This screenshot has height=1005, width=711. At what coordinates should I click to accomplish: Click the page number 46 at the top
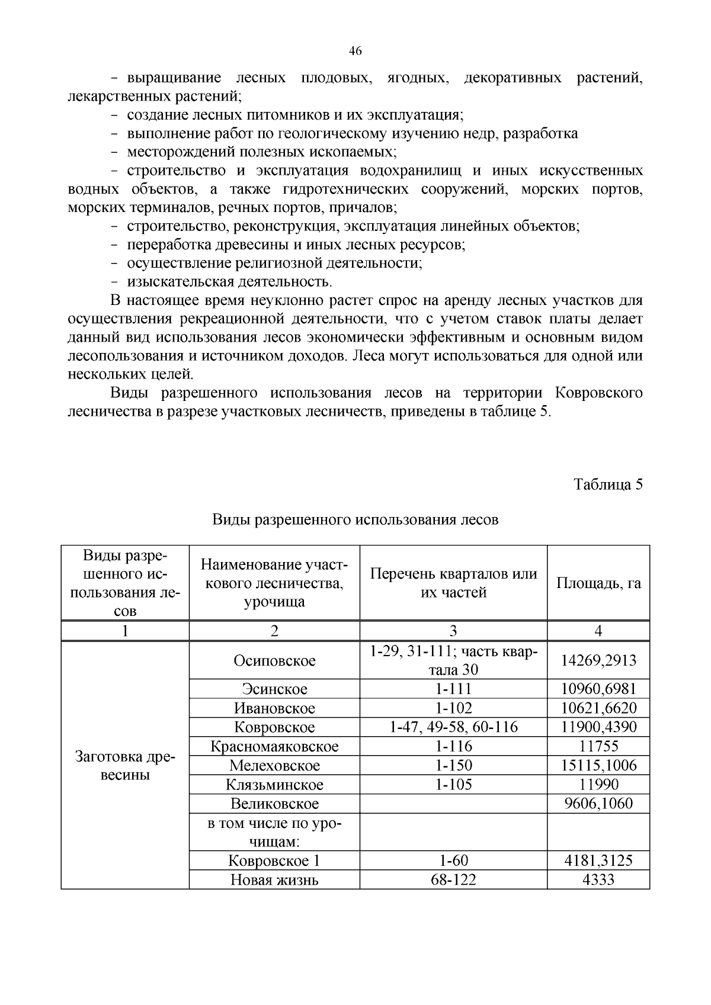(355, 51)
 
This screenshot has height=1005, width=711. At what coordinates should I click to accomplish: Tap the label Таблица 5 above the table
(608, 484)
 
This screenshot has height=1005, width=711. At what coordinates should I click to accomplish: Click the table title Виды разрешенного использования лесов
(355, 520)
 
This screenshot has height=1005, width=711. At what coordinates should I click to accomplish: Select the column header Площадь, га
(598, 583)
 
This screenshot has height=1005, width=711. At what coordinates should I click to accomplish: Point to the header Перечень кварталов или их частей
(453, 583)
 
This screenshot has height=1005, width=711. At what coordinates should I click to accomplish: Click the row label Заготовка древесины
(125, 766)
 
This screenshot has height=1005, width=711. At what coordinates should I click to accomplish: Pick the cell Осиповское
(274, 660)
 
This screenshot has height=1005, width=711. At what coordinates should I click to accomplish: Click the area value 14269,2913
(598, 660)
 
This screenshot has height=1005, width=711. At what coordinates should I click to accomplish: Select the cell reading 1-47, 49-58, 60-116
(453, 727)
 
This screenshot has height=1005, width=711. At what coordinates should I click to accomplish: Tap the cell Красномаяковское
(274, 746)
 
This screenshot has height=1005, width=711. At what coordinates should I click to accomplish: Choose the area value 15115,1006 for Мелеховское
(598, 765)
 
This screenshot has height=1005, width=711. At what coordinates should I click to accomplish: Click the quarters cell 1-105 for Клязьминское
(453, 785)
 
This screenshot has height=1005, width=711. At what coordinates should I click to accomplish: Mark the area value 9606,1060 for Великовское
(598, 804)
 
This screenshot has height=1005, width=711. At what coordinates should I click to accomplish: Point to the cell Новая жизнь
(274, 880)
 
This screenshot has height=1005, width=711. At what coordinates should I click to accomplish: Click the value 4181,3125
(598, 860)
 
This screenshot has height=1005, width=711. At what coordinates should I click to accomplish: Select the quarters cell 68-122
(453, 880)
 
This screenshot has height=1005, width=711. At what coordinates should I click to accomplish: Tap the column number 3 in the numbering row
(453, 631)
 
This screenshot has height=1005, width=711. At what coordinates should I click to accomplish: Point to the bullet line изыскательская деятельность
(229, 281)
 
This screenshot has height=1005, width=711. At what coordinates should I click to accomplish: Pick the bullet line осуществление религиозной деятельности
(274, 263)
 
